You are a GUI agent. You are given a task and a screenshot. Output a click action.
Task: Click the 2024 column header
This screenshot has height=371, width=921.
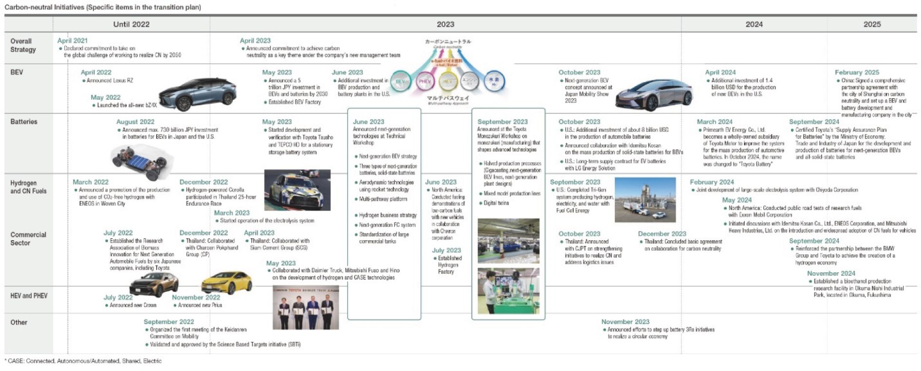(754, 24)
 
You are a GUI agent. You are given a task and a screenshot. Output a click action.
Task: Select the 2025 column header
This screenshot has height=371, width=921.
(872, 24)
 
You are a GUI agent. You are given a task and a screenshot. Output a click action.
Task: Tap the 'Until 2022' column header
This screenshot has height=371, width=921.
(131, 24)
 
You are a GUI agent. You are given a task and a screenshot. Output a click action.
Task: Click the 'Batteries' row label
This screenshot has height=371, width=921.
(24, 122)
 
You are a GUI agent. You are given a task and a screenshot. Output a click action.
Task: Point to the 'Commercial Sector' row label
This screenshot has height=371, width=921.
(28, 239)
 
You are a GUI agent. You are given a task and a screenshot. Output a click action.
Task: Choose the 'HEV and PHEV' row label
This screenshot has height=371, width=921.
(29, 296)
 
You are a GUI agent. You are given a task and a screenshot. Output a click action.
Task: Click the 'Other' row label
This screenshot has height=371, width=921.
(19, 322)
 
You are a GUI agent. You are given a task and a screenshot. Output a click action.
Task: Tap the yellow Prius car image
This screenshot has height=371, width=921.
(226, 282)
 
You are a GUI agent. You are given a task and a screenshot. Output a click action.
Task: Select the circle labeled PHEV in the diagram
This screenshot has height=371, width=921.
(425, 82)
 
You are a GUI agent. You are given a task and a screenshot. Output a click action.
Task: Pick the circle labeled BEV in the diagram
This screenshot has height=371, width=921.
(400, 82)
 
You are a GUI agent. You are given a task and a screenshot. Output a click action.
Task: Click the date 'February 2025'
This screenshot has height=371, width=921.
(857, 72)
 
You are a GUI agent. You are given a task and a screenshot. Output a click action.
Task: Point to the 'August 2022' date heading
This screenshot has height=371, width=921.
(135, 122)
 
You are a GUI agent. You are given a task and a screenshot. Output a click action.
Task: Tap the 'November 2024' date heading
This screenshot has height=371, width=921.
(831, 274)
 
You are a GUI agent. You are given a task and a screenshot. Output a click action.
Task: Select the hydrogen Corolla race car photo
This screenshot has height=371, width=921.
(297, 190)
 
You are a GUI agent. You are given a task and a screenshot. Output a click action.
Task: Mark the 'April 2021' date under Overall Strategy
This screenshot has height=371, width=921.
(73, 41)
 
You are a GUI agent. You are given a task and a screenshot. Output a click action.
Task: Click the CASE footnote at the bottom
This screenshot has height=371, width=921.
(83, 361)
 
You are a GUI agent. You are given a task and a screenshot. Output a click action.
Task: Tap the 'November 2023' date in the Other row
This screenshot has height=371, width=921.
(625, 322)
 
